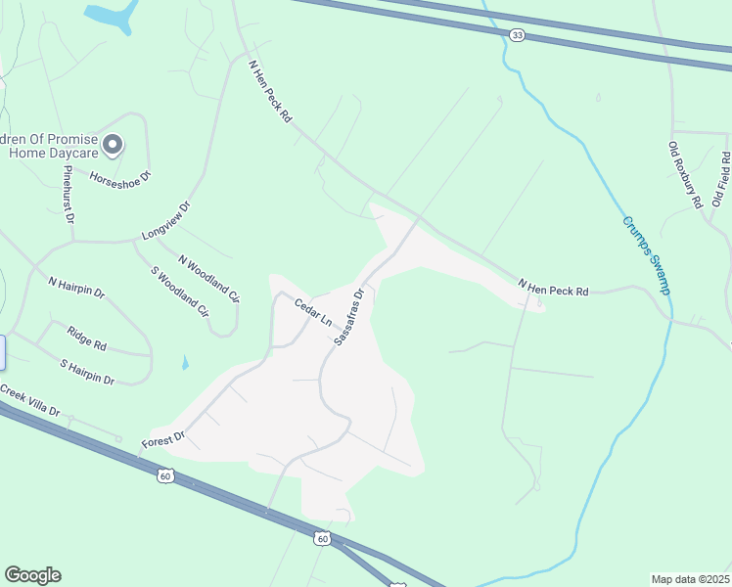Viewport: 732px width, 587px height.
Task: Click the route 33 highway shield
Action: click(517, 34)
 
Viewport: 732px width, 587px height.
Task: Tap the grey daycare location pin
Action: click(113, 146)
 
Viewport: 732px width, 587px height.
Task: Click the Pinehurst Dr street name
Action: click(68, 194)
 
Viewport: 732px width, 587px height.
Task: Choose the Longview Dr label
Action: click(165, 222)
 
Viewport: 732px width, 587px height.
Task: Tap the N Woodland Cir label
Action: click(208, 278)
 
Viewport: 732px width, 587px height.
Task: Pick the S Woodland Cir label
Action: click(180, 293)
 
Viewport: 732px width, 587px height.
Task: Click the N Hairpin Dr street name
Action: click(76, 287)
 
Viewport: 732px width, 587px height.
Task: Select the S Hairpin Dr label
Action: click(87, 373)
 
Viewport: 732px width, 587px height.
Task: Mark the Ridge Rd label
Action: click(87, 340)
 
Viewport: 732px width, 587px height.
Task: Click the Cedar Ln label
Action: click(313, 313)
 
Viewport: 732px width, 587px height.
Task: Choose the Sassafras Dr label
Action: click(348, 316)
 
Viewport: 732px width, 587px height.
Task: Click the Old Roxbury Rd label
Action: click(685, 175)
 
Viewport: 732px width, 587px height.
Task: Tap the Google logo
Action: click(32, 575)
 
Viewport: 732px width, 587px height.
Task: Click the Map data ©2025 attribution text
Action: click(690, 578)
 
